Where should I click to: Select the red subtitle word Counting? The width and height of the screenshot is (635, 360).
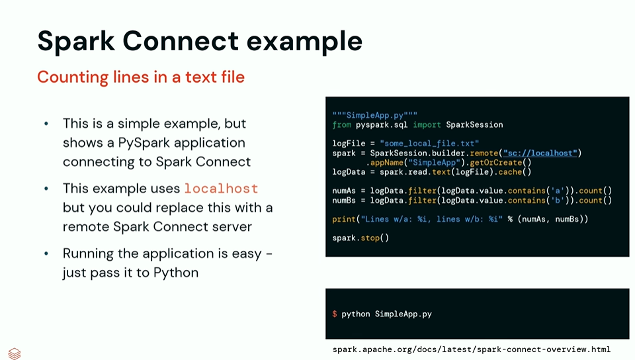coord(73,77)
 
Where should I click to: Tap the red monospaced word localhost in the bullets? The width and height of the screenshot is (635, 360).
coord(221,189)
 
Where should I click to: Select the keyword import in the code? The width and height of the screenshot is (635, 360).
coord(427,124)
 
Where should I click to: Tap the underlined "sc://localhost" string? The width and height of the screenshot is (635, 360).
coord(540,153)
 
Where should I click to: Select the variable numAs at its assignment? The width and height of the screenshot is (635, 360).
coord(345,191)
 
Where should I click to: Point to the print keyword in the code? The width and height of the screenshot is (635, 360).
coord(344,219)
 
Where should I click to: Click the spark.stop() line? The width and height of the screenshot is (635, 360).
coord(360,238)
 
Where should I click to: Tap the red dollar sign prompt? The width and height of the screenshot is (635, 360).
coord(335,314)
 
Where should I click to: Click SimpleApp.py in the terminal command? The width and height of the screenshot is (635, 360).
coord(403,314)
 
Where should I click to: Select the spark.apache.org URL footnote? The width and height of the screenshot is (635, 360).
coord(471,349)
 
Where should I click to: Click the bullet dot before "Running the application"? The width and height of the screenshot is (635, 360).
coord(46,254)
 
